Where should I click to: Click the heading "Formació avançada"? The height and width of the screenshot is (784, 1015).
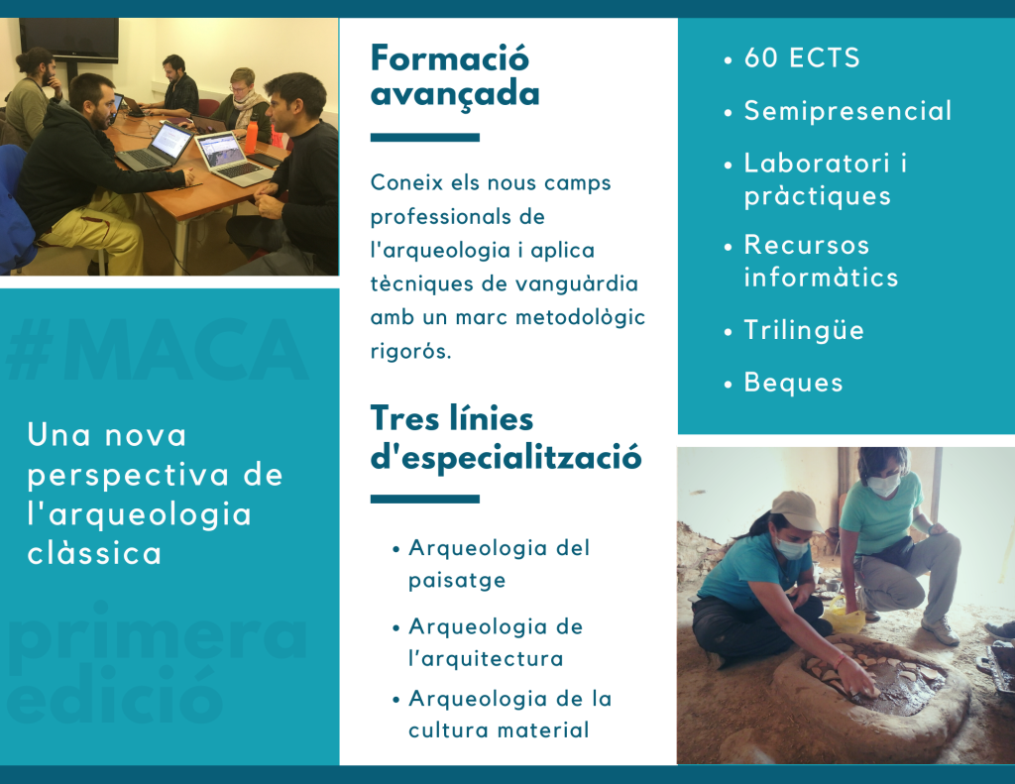[x=455, y=76]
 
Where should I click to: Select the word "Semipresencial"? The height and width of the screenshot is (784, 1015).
[x=848, y=111]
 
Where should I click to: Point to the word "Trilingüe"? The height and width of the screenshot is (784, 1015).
[x=804, y=330]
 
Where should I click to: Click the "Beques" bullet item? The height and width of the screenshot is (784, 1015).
[x=794, y=383]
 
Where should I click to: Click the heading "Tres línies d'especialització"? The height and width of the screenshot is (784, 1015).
[x=506, y=438]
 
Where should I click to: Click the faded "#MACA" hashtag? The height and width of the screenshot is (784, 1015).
[x=157, y=350]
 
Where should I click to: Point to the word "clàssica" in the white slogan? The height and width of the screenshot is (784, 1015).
[x=94, y=553]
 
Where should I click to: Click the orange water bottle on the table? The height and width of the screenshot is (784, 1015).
[x=251, y=136]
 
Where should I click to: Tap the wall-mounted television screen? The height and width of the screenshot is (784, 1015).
[x=68, y=40]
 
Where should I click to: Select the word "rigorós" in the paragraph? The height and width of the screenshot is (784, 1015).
[x=410, y=351]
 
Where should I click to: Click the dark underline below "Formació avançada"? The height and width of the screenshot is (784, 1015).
[x=424, y=137]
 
